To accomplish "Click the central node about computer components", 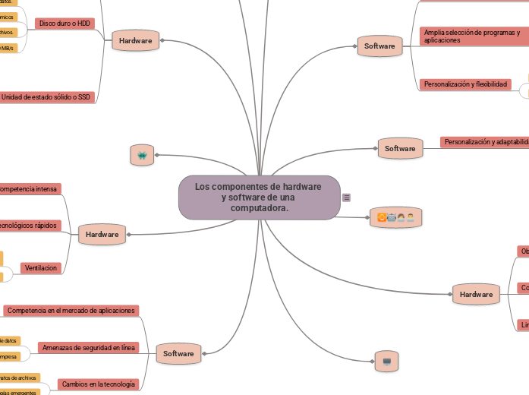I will [259, 197].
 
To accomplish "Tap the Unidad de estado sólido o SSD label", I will [46, 97].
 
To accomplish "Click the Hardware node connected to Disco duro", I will [135, 40].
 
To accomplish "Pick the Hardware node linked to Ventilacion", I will [102, 235].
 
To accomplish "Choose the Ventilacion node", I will [41, 268].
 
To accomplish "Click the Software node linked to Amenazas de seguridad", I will [178, 353].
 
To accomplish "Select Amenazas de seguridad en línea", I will [90, 348].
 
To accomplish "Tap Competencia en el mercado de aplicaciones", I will [71, 310].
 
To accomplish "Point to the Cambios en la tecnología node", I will [99, 384].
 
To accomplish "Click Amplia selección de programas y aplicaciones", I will [472, 36].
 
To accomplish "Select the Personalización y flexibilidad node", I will [465, 84].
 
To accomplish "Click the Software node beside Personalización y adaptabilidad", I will [400, 148].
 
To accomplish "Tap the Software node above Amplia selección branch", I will [379, 46].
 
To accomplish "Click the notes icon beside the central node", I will [347, 197].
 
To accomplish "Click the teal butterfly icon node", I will [142, 155].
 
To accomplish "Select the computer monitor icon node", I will [386, 361].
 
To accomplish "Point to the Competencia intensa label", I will [29, 188].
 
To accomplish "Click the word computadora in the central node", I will [260, 208].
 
